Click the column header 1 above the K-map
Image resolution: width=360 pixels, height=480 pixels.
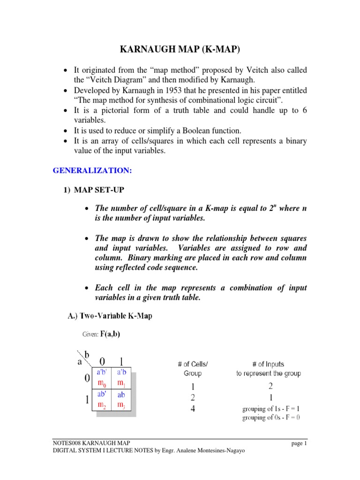pyautogui.click(x=122, y=361)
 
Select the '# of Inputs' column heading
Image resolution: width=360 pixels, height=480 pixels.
pyautogui.click(x=268, y=364)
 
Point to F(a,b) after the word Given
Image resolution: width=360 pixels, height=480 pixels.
pyautogui.click(x=112, y=335)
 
